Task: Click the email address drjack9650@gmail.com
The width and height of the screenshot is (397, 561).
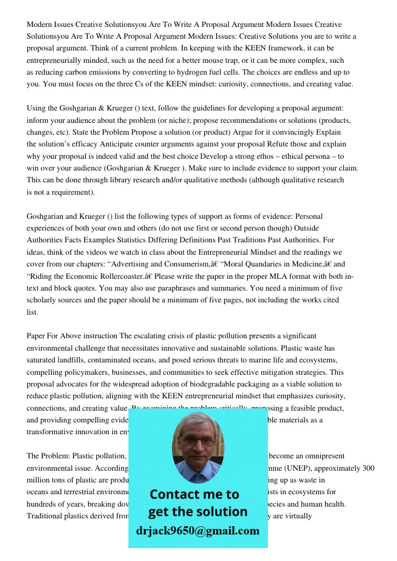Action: point(198,531)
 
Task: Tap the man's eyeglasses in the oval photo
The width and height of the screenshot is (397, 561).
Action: point(198,441)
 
